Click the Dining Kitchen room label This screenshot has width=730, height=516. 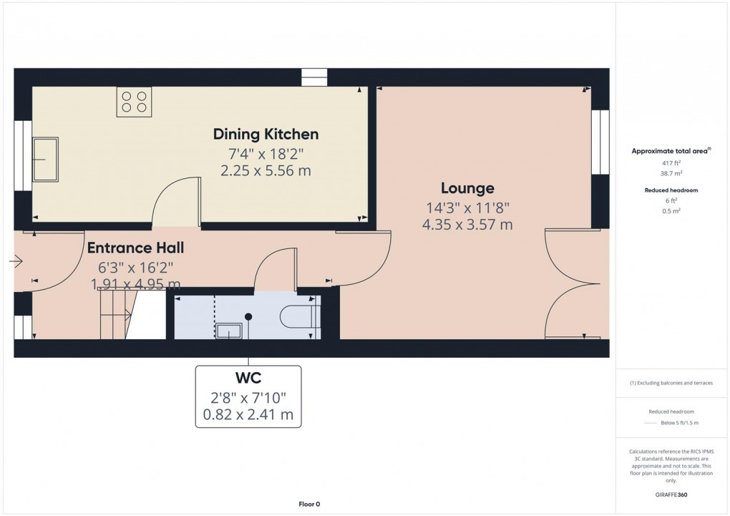click(x=266, y=134)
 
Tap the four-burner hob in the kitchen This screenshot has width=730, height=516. click(x=134, y=102)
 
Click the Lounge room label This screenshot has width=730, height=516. click(x=467, y=188)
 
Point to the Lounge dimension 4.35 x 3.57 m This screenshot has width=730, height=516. click(x=467, y=225)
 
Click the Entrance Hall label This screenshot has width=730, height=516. click(x=135, y=248)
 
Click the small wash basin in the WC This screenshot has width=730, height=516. click(x=230, y=331)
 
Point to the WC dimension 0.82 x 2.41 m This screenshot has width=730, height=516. click(x=248, y=414)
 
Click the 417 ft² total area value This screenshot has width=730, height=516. click(x=670, y=164)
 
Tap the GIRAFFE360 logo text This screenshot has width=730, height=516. click(x=670, y=495)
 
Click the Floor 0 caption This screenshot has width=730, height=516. click(x=309, y=505)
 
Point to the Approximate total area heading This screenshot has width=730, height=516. click(x=670, y=151)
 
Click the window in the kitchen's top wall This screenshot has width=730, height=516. click(x=313, y=77)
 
